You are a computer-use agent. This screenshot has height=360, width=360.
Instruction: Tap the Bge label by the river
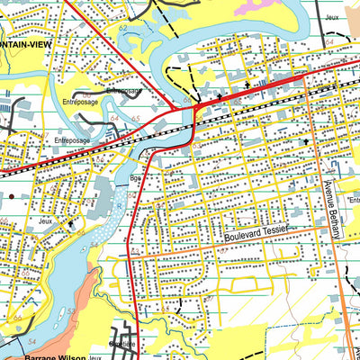135,178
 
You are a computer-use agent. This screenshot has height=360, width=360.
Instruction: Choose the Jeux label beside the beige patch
333,17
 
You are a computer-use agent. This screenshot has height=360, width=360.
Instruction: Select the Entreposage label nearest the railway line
72,140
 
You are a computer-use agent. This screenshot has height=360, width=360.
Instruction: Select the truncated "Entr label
353,201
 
